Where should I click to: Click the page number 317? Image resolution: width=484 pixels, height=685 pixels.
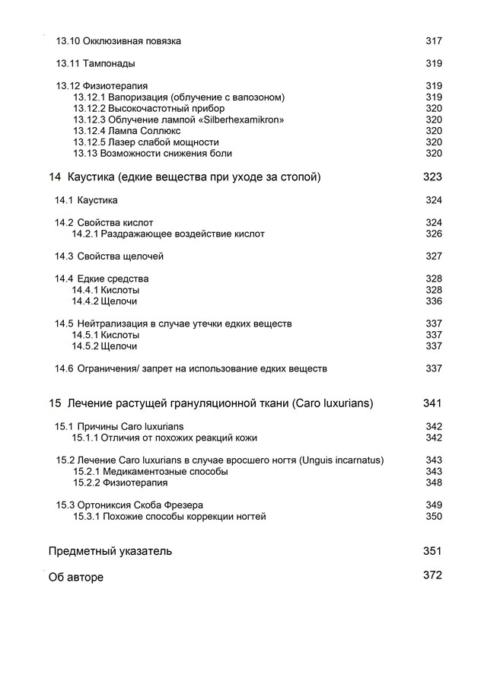coord(433,40)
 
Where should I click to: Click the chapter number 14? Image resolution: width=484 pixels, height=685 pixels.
coord(54,177)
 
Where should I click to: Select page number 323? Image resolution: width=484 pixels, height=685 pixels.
coord(432,177)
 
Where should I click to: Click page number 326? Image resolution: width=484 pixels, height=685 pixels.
coord(433,234)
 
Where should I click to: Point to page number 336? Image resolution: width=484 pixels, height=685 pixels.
coord(433,301)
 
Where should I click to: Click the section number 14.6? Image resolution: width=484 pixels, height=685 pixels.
coord(63,369)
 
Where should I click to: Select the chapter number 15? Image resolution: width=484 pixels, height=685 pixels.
coord(54,403)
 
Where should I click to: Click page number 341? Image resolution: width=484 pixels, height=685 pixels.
coord(432,403)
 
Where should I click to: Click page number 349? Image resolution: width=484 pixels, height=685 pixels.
coord(433,505)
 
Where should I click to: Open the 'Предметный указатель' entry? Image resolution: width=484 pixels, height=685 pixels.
coord(110,551)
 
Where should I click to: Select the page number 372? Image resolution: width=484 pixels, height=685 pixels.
coord(432,575)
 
